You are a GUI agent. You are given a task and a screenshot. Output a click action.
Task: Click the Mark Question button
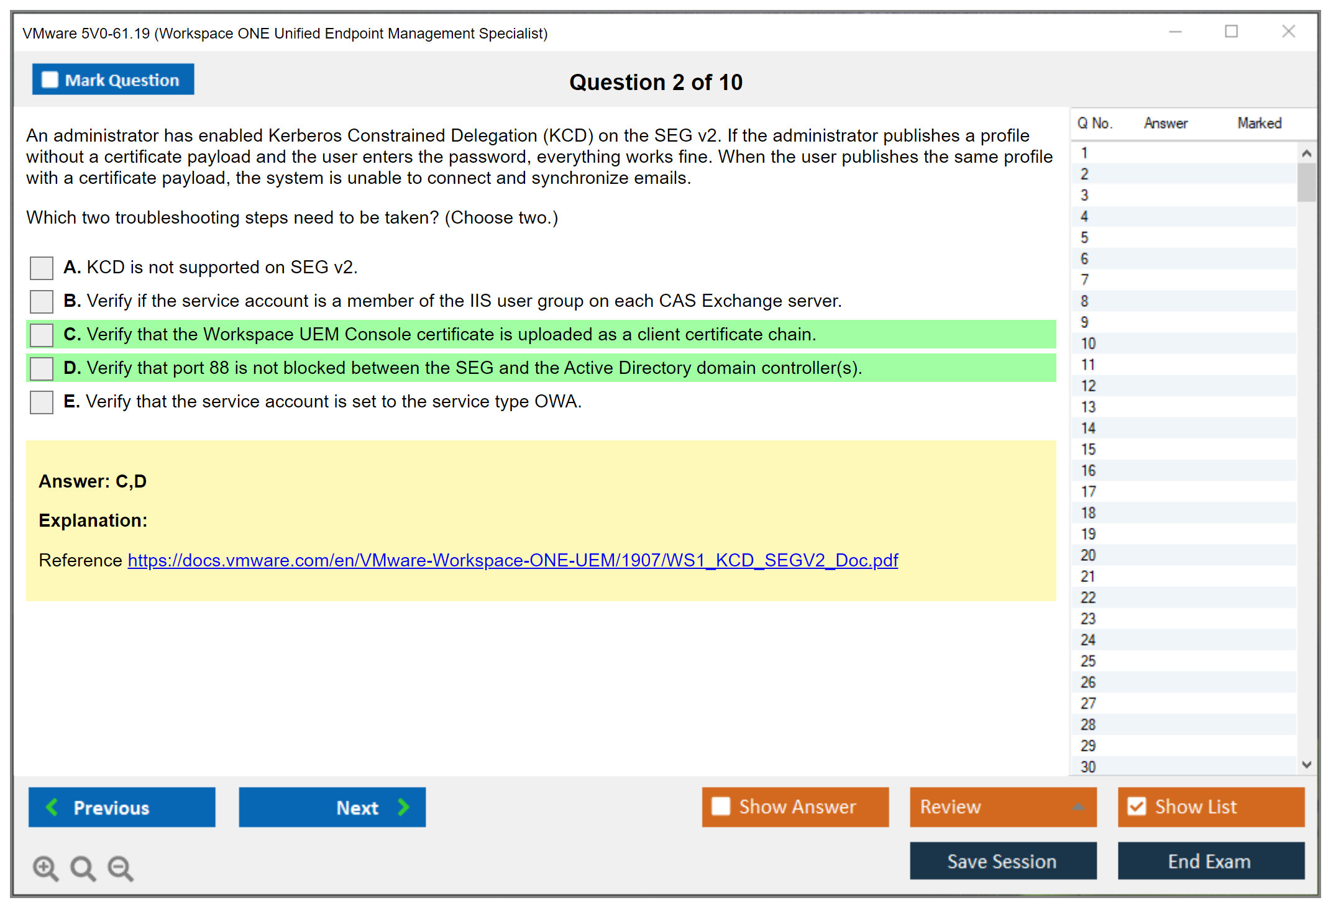[113, 79]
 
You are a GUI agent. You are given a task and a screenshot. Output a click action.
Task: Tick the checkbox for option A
[42, 268]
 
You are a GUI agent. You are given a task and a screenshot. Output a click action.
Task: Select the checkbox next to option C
[42, 335]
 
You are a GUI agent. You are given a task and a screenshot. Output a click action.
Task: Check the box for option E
[42, 402]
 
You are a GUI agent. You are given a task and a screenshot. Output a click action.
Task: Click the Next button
[332, 807]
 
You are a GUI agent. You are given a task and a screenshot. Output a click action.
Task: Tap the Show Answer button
[795, 807]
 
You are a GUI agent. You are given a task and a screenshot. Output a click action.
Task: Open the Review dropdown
[1004, 807]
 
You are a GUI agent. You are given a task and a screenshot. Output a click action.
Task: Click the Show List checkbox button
[1211, 807]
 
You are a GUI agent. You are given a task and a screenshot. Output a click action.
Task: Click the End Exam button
[1211, 861]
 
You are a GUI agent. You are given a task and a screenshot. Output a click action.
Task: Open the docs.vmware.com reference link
[513, 560]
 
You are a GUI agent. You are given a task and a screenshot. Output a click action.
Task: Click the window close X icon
[1289, 31]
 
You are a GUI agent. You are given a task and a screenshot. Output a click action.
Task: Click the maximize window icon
[1232, 31]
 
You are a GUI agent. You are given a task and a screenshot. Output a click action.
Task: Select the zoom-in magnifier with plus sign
[45, 868]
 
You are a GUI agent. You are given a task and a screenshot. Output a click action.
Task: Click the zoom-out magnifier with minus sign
[120, 868]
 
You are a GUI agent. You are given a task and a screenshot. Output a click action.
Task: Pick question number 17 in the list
[1088, 492]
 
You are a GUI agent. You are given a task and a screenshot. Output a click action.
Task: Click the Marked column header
[1260, 123]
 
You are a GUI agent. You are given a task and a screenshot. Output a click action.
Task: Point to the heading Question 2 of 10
[656, 82]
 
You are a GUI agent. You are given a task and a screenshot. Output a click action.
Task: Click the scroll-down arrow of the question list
[1307, 765]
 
